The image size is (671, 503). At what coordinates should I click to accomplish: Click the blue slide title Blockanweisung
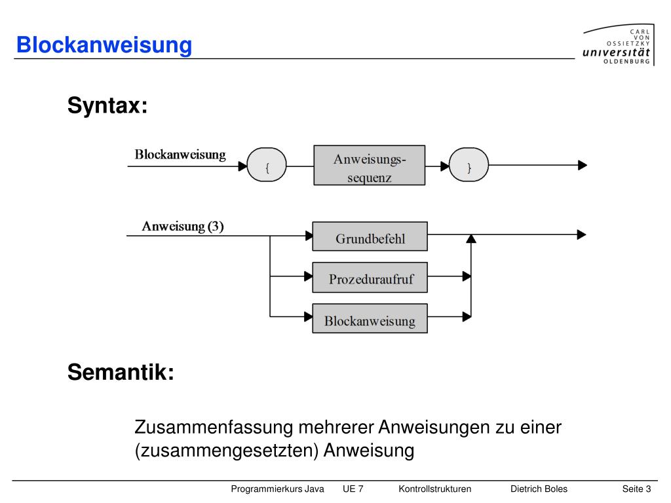pos(104,45)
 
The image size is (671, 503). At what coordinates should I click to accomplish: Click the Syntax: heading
pos(107,105)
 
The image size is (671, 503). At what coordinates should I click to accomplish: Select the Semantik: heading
pos(121,372)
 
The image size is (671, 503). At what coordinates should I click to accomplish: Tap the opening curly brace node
pos(267,164)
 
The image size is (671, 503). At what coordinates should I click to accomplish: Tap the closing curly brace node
pos(469,164)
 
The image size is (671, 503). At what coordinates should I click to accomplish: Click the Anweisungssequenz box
pos(370,165)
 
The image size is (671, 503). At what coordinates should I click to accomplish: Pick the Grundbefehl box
pos(370,236)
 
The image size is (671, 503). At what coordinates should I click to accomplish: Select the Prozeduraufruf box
pos(370,277)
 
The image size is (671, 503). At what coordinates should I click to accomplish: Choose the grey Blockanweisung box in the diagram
pos(370,318)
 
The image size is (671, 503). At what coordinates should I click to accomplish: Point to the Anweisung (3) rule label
pos(183,226)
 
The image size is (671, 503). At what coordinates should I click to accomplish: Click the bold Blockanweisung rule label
pos(180,155)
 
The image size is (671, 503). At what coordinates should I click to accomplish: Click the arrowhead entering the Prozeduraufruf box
pos(308,276)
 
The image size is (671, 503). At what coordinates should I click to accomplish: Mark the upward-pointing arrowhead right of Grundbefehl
pos(470,238)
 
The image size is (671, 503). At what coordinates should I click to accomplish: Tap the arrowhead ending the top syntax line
pos(583,165)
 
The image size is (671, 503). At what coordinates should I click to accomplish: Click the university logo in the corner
pos(619,45)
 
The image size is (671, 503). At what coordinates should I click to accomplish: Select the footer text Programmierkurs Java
pos(277,489)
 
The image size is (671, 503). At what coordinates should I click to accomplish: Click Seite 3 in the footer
pos(637,489)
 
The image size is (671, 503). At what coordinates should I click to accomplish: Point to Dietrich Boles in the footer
pos(539,489)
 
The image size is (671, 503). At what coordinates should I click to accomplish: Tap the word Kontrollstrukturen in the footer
pos(435,489)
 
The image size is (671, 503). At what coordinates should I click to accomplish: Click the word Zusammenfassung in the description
pos(214,427)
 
